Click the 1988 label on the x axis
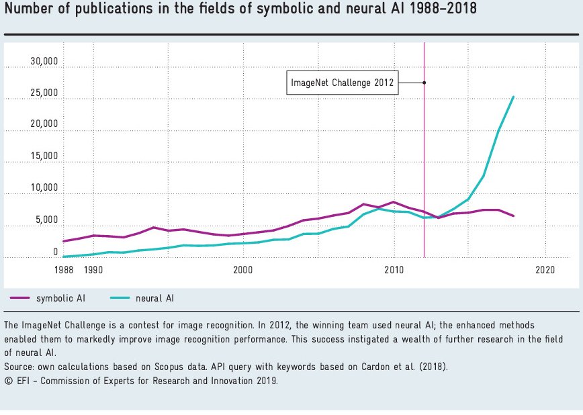click(63, 269)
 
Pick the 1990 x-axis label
click(93, 269)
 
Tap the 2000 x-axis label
click(242, 269)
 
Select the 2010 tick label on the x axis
click(394, 269)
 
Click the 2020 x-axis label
click(544, 269)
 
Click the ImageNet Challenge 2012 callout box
click(342, 83)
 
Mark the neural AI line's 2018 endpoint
click(514, 97)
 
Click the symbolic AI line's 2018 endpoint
click(514, 216)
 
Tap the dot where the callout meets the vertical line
click(424, 83)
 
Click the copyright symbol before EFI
click(7, 381)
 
